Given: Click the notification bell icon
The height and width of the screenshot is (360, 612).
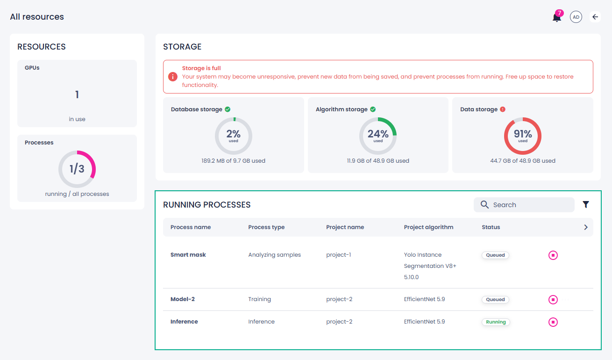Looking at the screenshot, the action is click(x=556, y=17).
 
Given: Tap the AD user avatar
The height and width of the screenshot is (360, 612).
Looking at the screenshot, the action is click(x=576, y=17).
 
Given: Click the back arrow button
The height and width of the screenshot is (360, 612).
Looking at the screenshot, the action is click(x=595, y=17).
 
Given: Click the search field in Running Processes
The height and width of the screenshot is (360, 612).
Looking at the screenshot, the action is click(x=524, y=205).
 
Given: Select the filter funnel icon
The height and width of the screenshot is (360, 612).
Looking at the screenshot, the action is click(x=586, y=204).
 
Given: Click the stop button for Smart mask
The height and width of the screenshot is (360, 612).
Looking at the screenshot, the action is click(x=553, y=255).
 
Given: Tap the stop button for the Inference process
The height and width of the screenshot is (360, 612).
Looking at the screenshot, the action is click(x=553, y=322).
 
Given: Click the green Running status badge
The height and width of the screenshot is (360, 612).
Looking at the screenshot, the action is click(x=496, y=322).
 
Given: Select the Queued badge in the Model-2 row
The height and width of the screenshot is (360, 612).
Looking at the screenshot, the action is click(x=495, y=300).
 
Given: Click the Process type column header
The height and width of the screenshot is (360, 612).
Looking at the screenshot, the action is click(x=266, y=227).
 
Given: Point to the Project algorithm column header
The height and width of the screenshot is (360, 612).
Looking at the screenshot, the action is click(x=428, y=227).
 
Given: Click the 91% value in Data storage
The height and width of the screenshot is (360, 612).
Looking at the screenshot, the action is click(x=523, y=134).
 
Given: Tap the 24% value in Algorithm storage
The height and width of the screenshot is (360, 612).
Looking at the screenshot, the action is click(x=378, y=134).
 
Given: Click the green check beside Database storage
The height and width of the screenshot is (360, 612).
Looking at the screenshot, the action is click(x=228, y=109).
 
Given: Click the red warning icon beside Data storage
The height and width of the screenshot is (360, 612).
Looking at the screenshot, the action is click(x=503, y=109).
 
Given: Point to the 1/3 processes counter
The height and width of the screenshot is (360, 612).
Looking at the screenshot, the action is click(x=77, y=169).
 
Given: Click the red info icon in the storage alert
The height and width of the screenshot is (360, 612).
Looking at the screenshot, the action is click(x=173, y=77).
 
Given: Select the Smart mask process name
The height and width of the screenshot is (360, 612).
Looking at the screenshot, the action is click(x=188, y=255).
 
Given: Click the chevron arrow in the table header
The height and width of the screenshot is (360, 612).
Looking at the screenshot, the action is click(x=586, y=227).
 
